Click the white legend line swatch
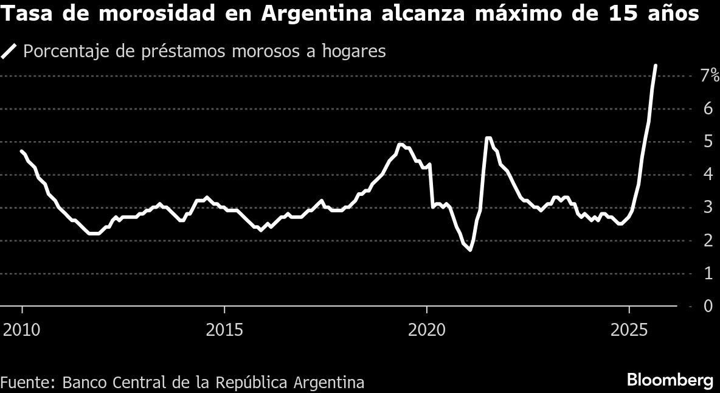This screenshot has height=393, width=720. click(9, 51)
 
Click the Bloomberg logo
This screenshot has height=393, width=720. click(670, 381)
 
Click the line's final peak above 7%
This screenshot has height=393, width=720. click(655, 65)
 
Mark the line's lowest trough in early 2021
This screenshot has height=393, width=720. click(470, 250)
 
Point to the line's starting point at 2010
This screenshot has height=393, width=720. click(22, 151)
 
